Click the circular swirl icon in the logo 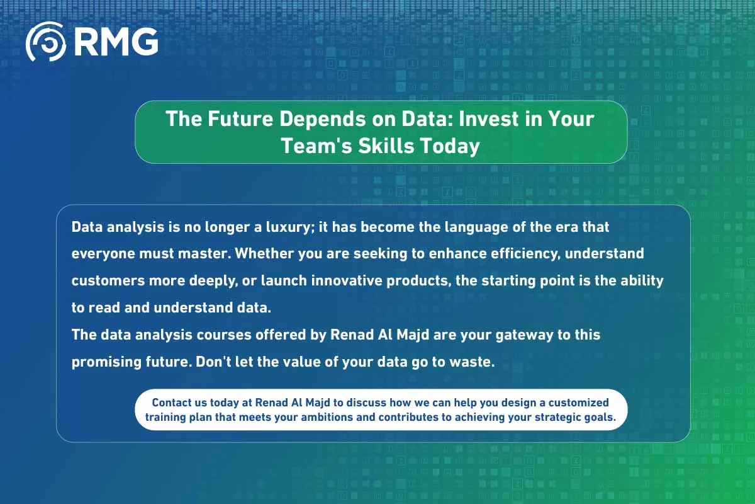(x=45, y=42)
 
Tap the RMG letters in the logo (x=115, y=42)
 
